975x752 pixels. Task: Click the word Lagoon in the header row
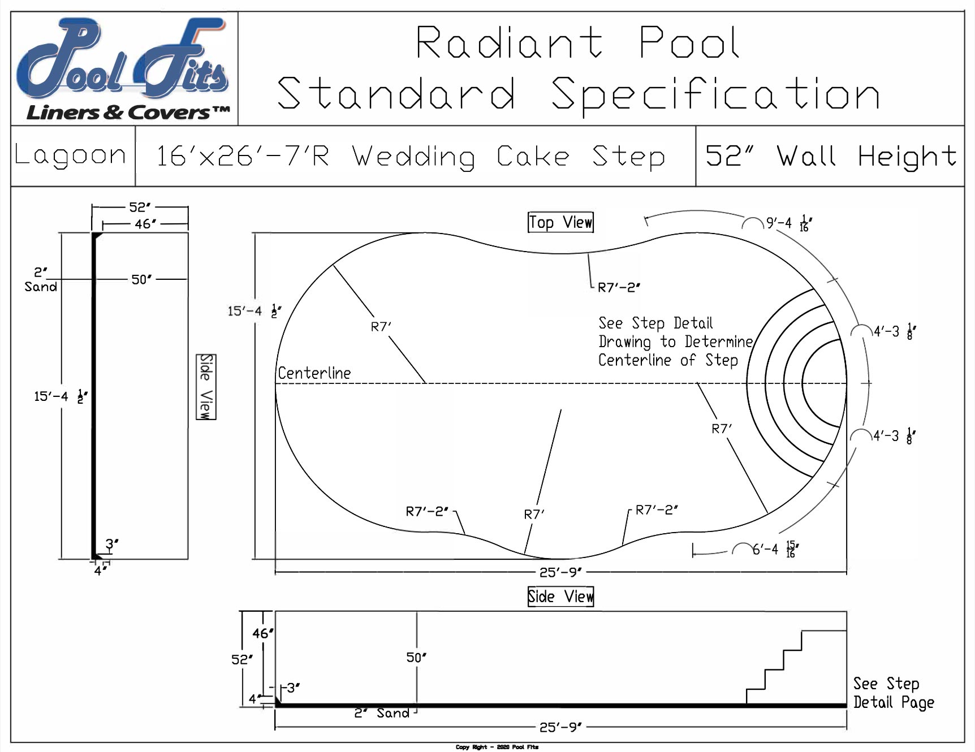pos(70,155)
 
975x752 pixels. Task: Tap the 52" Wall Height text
pos(830,156)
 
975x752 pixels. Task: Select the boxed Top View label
pos(560,222)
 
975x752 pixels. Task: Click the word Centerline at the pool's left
pos(314,373)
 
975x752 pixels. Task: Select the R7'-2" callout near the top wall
pos(619,287)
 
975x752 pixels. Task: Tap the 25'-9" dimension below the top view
pos(560,572)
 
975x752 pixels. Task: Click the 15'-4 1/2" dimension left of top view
pos(254,311)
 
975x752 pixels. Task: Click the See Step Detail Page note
pos(893,693)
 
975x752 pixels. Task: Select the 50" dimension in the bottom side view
pos(416,658)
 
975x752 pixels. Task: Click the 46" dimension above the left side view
pos(145,224)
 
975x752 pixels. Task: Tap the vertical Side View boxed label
pos(206,387)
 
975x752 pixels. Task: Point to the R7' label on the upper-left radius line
pos(381,327)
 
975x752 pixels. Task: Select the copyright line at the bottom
pos(497,747)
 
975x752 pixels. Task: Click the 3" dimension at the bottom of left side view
pos(112,544)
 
